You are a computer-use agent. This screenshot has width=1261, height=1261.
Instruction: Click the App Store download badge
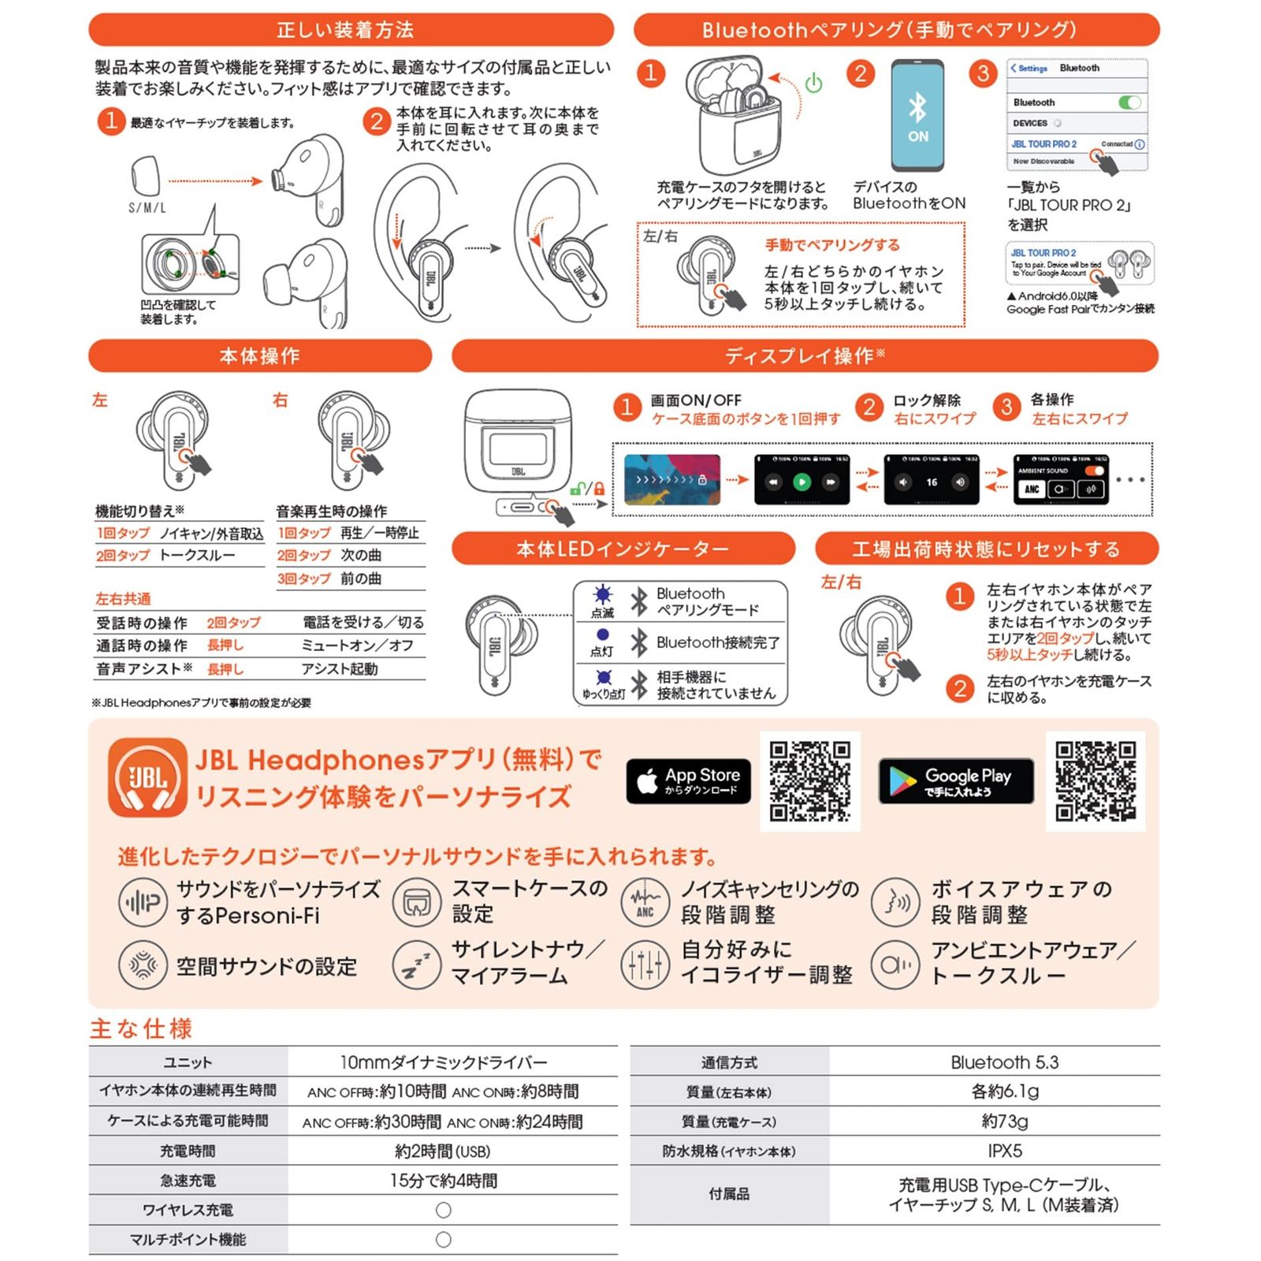(x=688, y=781)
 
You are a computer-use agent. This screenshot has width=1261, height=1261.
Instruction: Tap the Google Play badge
(x=955, y=781)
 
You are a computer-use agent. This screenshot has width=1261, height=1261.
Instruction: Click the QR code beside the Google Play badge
(x=1095, y=781)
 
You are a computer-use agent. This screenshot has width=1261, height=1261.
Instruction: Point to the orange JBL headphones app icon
(x=147, y=777)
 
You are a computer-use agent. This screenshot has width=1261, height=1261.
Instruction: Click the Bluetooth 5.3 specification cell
(x=1004, y=1062)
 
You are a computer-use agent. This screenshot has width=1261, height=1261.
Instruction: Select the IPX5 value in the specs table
(x=1004, y=1151)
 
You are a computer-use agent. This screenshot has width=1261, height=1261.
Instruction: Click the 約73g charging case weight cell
(x=1004, y=1121)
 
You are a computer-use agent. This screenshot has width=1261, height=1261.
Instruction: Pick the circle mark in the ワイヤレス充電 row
(x=444, y=1210)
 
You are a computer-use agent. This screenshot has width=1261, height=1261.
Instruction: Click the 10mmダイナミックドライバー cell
(x=444, y=1062)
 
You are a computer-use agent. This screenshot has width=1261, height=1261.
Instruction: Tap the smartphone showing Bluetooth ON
(x=917, y=116)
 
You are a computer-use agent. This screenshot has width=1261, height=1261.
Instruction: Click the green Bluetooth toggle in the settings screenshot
(x=1129, y=102)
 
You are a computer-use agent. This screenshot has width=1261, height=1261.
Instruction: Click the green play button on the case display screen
(x=802, y=482)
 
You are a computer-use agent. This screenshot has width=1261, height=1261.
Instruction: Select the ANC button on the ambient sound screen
(x=1032, y=489)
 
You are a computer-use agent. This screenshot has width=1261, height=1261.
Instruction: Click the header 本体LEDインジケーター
(x=623, y=549)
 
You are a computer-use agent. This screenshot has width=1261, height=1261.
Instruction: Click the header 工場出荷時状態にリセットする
(x=986, y=549)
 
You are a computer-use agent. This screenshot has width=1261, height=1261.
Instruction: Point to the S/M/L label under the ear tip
(x=147, y=208)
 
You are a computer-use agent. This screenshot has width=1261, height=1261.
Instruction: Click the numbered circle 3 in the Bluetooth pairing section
(x=983, y=74)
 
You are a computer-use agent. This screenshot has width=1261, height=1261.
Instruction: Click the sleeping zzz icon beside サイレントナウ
(x=416, y=964)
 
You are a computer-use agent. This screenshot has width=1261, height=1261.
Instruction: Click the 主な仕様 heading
(x=141, y=1029)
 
